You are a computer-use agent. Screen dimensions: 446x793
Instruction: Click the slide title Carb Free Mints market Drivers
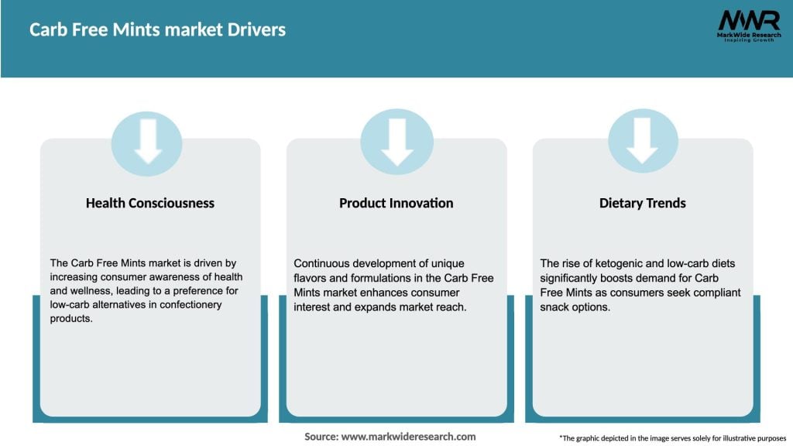point(158,30)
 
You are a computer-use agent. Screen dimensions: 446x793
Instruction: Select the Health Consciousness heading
point(150,203)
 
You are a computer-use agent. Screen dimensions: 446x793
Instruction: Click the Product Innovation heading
point(396,203)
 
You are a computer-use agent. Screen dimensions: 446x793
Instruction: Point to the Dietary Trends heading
point(642,203)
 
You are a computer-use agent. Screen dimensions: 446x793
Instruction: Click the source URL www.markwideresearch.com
point(409,437)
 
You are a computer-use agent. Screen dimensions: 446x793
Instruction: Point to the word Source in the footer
point(321,437)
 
